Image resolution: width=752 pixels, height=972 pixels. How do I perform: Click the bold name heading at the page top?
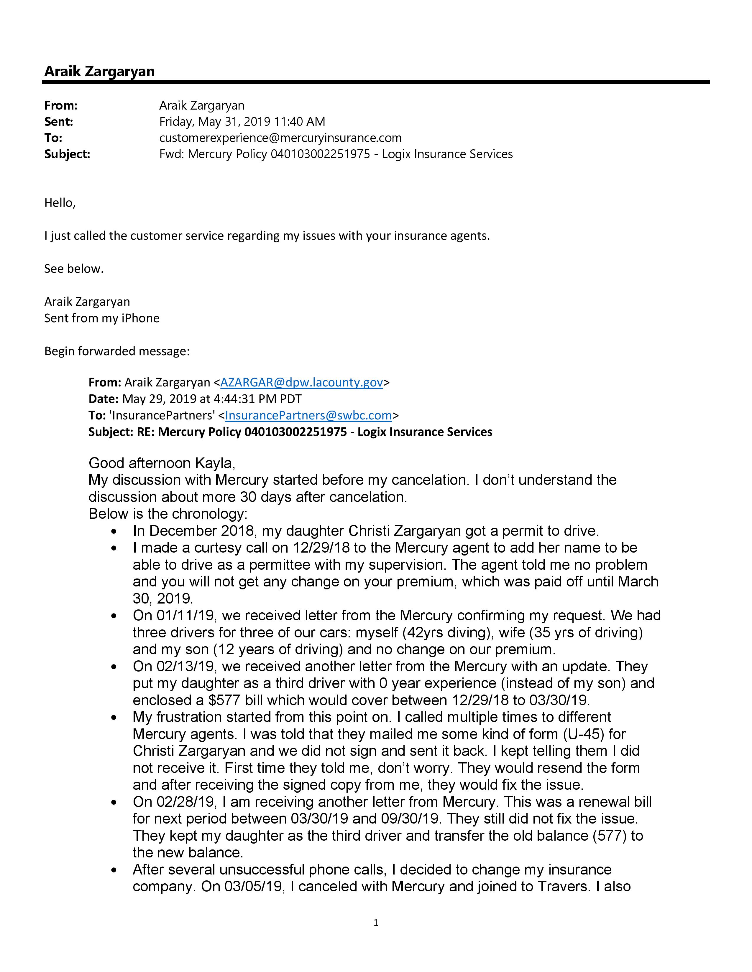[x=99, y=71]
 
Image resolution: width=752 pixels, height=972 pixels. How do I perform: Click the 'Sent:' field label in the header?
[x=58, y=121]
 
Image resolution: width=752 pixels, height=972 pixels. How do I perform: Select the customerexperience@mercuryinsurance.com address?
[x=280, y=138]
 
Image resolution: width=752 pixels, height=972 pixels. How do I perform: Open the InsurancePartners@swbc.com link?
[x=308, y=415]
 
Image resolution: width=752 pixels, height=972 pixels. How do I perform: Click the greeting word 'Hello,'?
[x=60, y=203]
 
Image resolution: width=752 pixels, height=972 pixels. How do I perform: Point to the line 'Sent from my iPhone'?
[x=101, y=318]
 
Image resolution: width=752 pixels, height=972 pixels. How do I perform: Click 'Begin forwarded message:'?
[x=117, y=351]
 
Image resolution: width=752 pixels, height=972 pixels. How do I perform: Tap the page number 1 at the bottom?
[x=375, y=923]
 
